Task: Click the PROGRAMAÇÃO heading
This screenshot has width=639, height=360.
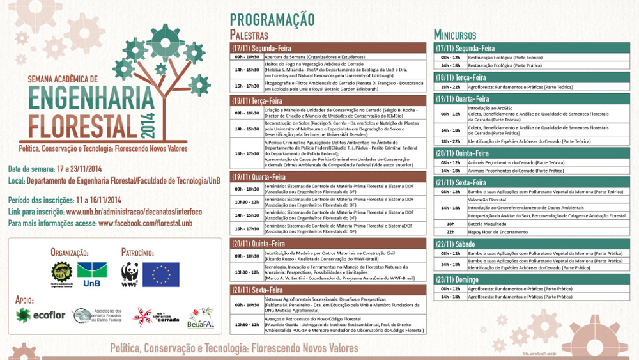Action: pyautogui.click(x=272, y=19)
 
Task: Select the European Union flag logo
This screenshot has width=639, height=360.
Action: pyautogui.click(x=160, y=274)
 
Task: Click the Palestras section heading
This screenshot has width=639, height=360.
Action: pyautogui.click(x=249, y=35)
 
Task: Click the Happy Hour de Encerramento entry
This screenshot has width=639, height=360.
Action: pyautogui.click(x=497, y=232)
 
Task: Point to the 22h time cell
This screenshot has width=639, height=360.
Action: pyautogui.click(x=450, y=232)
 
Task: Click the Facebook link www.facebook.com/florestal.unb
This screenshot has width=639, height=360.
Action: pyautogui.click(x=145, y=223)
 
